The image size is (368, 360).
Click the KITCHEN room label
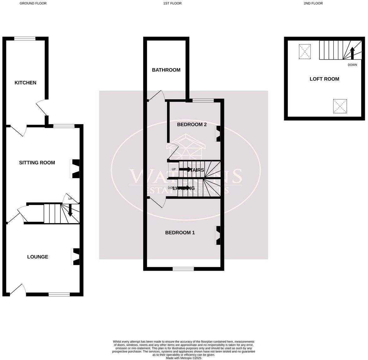25,83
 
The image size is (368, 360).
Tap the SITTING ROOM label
37,162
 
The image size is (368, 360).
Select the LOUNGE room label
38,257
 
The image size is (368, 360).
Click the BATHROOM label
166,70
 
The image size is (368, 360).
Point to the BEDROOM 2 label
192,125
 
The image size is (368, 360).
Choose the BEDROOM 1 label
180,232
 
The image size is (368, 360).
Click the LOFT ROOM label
324,79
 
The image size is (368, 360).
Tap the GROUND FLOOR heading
33,3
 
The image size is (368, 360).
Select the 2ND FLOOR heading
313,3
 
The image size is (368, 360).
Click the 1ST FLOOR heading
172,3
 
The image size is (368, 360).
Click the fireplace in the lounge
76,257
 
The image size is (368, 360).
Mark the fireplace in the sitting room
76,169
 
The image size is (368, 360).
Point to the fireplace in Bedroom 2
218,133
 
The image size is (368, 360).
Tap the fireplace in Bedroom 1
218,235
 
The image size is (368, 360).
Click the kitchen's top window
25,39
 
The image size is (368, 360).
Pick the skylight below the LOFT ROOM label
340,106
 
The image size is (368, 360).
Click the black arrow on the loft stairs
352,53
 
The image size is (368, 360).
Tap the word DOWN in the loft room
352,65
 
